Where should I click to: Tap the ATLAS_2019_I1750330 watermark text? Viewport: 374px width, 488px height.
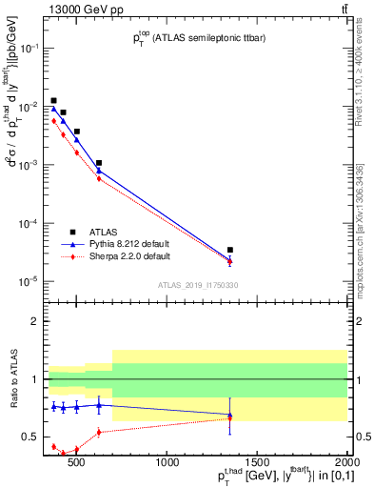(x=197, y=285)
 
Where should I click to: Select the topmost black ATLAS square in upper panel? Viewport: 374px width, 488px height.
(x=53, y=100)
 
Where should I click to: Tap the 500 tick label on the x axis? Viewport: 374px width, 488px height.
(x=78, y=464)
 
